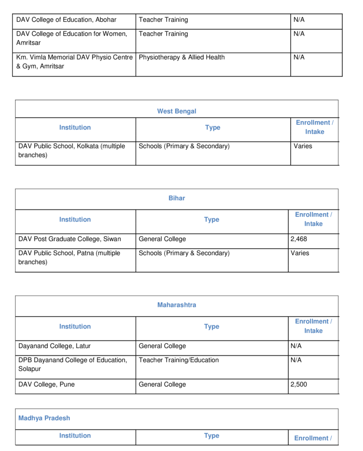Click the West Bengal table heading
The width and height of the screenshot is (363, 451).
(176, 112)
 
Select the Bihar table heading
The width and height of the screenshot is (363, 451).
(176, 199)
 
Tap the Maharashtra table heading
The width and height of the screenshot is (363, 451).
(176, 305)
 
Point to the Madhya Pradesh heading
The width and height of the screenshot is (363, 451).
(44, 418)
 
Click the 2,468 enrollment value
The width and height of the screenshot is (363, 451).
(299, 239)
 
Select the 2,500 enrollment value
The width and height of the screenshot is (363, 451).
(299, 385)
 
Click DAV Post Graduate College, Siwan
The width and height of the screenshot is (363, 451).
(69, 239)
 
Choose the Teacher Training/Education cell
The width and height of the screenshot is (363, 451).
(179, 360)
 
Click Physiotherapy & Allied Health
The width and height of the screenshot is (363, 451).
(181, 58)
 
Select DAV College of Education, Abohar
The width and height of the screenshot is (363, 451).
(66, 20)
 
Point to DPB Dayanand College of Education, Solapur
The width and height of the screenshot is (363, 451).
(72, 364)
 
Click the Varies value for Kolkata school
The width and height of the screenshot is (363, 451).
(302, 147)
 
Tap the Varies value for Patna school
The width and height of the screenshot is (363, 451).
(300, 253)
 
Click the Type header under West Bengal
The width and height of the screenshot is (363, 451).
(213, 128)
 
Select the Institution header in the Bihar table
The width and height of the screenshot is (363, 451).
(75, 220)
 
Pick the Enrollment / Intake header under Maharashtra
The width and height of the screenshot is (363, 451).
(313, 326)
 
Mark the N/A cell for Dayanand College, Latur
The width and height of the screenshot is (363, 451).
(296, 346)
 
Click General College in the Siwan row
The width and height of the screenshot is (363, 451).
(162, 239)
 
